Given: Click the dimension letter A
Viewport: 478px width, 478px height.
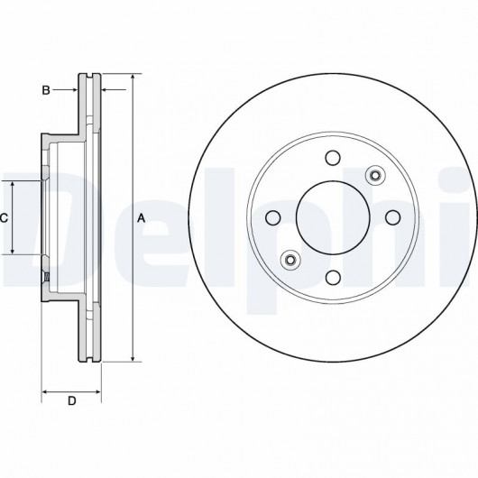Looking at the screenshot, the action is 141,218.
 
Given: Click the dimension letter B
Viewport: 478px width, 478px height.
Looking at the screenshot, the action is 46,90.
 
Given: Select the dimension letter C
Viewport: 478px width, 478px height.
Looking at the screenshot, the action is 4,218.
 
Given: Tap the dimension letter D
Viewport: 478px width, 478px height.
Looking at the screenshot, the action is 71,400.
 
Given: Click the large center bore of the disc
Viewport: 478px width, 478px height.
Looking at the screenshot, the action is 333,217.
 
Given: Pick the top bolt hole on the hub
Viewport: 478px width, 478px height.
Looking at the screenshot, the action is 333,158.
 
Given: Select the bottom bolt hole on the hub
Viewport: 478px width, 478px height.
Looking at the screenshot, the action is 333,278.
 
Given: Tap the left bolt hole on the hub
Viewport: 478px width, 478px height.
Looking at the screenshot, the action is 273,217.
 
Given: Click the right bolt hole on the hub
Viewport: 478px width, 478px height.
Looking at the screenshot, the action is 393,217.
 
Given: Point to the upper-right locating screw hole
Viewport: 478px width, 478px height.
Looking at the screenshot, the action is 375,175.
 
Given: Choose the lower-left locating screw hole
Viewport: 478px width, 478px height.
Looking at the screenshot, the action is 290,260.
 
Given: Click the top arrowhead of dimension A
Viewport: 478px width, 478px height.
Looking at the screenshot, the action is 133,78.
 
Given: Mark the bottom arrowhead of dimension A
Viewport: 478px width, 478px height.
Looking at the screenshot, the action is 133,359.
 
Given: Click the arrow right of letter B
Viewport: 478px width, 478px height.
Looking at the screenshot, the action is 65,89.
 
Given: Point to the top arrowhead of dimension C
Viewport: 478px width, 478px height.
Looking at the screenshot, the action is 13,184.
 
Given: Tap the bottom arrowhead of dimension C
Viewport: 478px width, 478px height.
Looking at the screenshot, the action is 13,251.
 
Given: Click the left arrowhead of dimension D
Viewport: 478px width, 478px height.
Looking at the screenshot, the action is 45,391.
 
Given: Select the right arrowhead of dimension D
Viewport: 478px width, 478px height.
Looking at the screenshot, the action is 97,391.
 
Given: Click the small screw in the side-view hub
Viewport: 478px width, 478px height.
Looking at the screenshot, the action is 47,277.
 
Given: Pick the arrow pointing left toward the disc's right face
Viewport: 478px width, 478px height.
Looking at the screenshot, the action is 114,89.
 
